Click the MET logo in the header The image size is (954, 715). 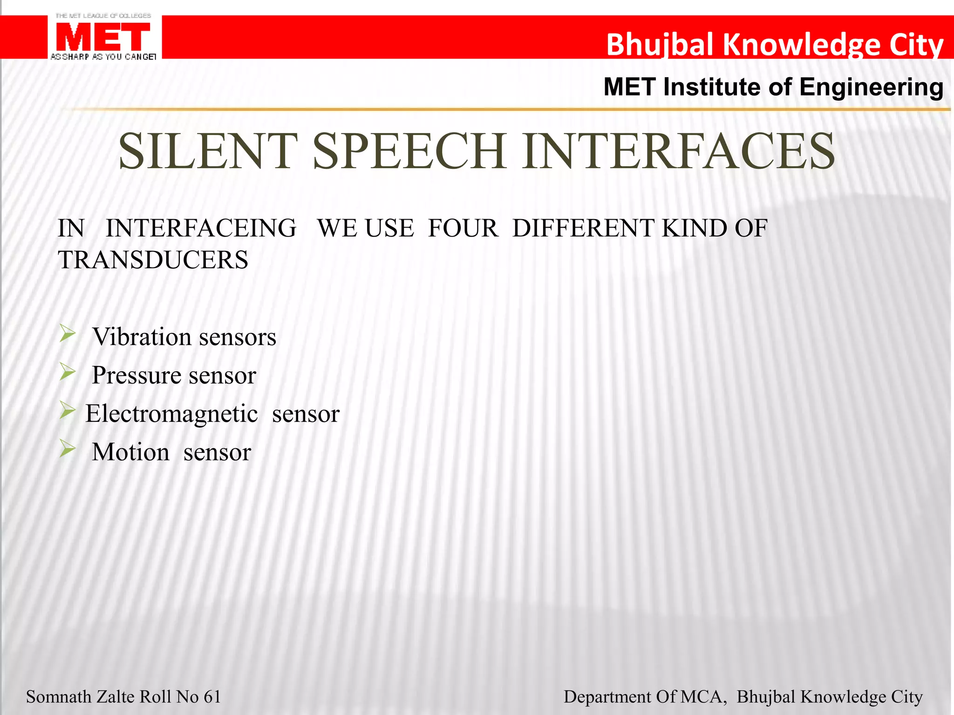pos(103,37)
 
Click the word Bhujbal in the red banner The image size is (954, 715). pos(660,45)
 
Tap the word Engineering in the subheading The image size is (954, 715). pos(871,88)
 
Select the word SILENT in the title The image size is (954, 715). pos(208,151)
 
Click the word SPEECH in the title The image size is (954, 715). pos(410,151)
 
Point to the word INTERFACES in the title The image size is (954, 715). pos(678,151)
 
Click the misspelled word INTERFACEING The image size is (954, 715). pos(201,229)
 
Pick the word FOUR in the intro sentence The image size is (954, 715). pos(463,229)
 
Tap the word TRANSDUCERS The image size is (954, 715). pos(153,260)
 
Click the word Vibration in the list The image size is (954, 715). pos(142,337)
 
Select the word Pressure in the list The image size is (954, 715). pos(136,375)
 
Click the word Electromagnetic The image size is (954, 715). pos(171,413)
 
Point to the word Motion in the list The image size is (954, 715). pos(130,452)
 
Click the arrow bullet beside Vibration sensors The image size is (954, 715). pos(68,334)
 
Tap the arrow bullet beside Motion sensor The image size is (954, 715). pos(68,449)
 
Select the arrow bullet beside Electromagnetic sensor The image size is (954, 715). pos(68,411)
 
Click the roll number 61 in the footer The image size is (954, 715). pos(212,697)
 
